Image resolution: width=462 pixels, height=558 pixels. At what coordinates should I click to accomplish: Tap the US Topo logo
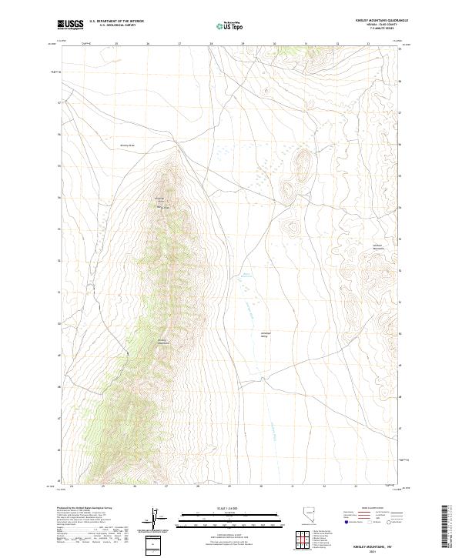point(226,26)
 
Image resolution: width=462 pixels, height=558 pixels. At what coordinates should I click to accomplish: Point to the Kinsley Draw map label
point(127,145)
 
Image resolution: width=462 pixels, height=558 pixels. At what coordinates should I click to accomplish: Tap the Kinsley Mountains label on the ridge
point(162,341)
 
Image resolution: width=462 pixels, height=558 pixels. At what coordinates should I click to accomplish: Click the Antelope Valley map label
point(265,335)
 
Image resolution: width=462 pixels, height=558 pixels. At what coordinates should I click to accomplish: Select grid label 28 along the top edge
point(210,44)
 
